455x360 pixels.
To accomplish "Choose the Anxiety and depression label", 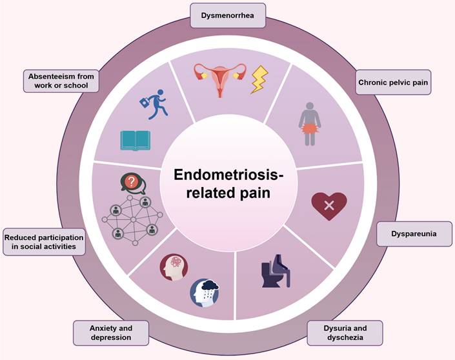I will pyautogui.click(x=111, y=332).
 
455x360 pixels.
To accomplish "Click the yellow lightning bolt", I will pyautogui.click(x=261, y=81).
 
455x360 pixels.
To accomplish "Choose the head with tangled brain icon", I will pyautogui.click(x=176, y=267).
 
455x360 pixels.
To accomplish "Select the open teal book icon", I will pyautogui.click(x=135, y=140).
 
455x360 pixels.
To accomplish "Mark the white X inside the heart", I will pyautogui.click(x=329, y=206).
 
